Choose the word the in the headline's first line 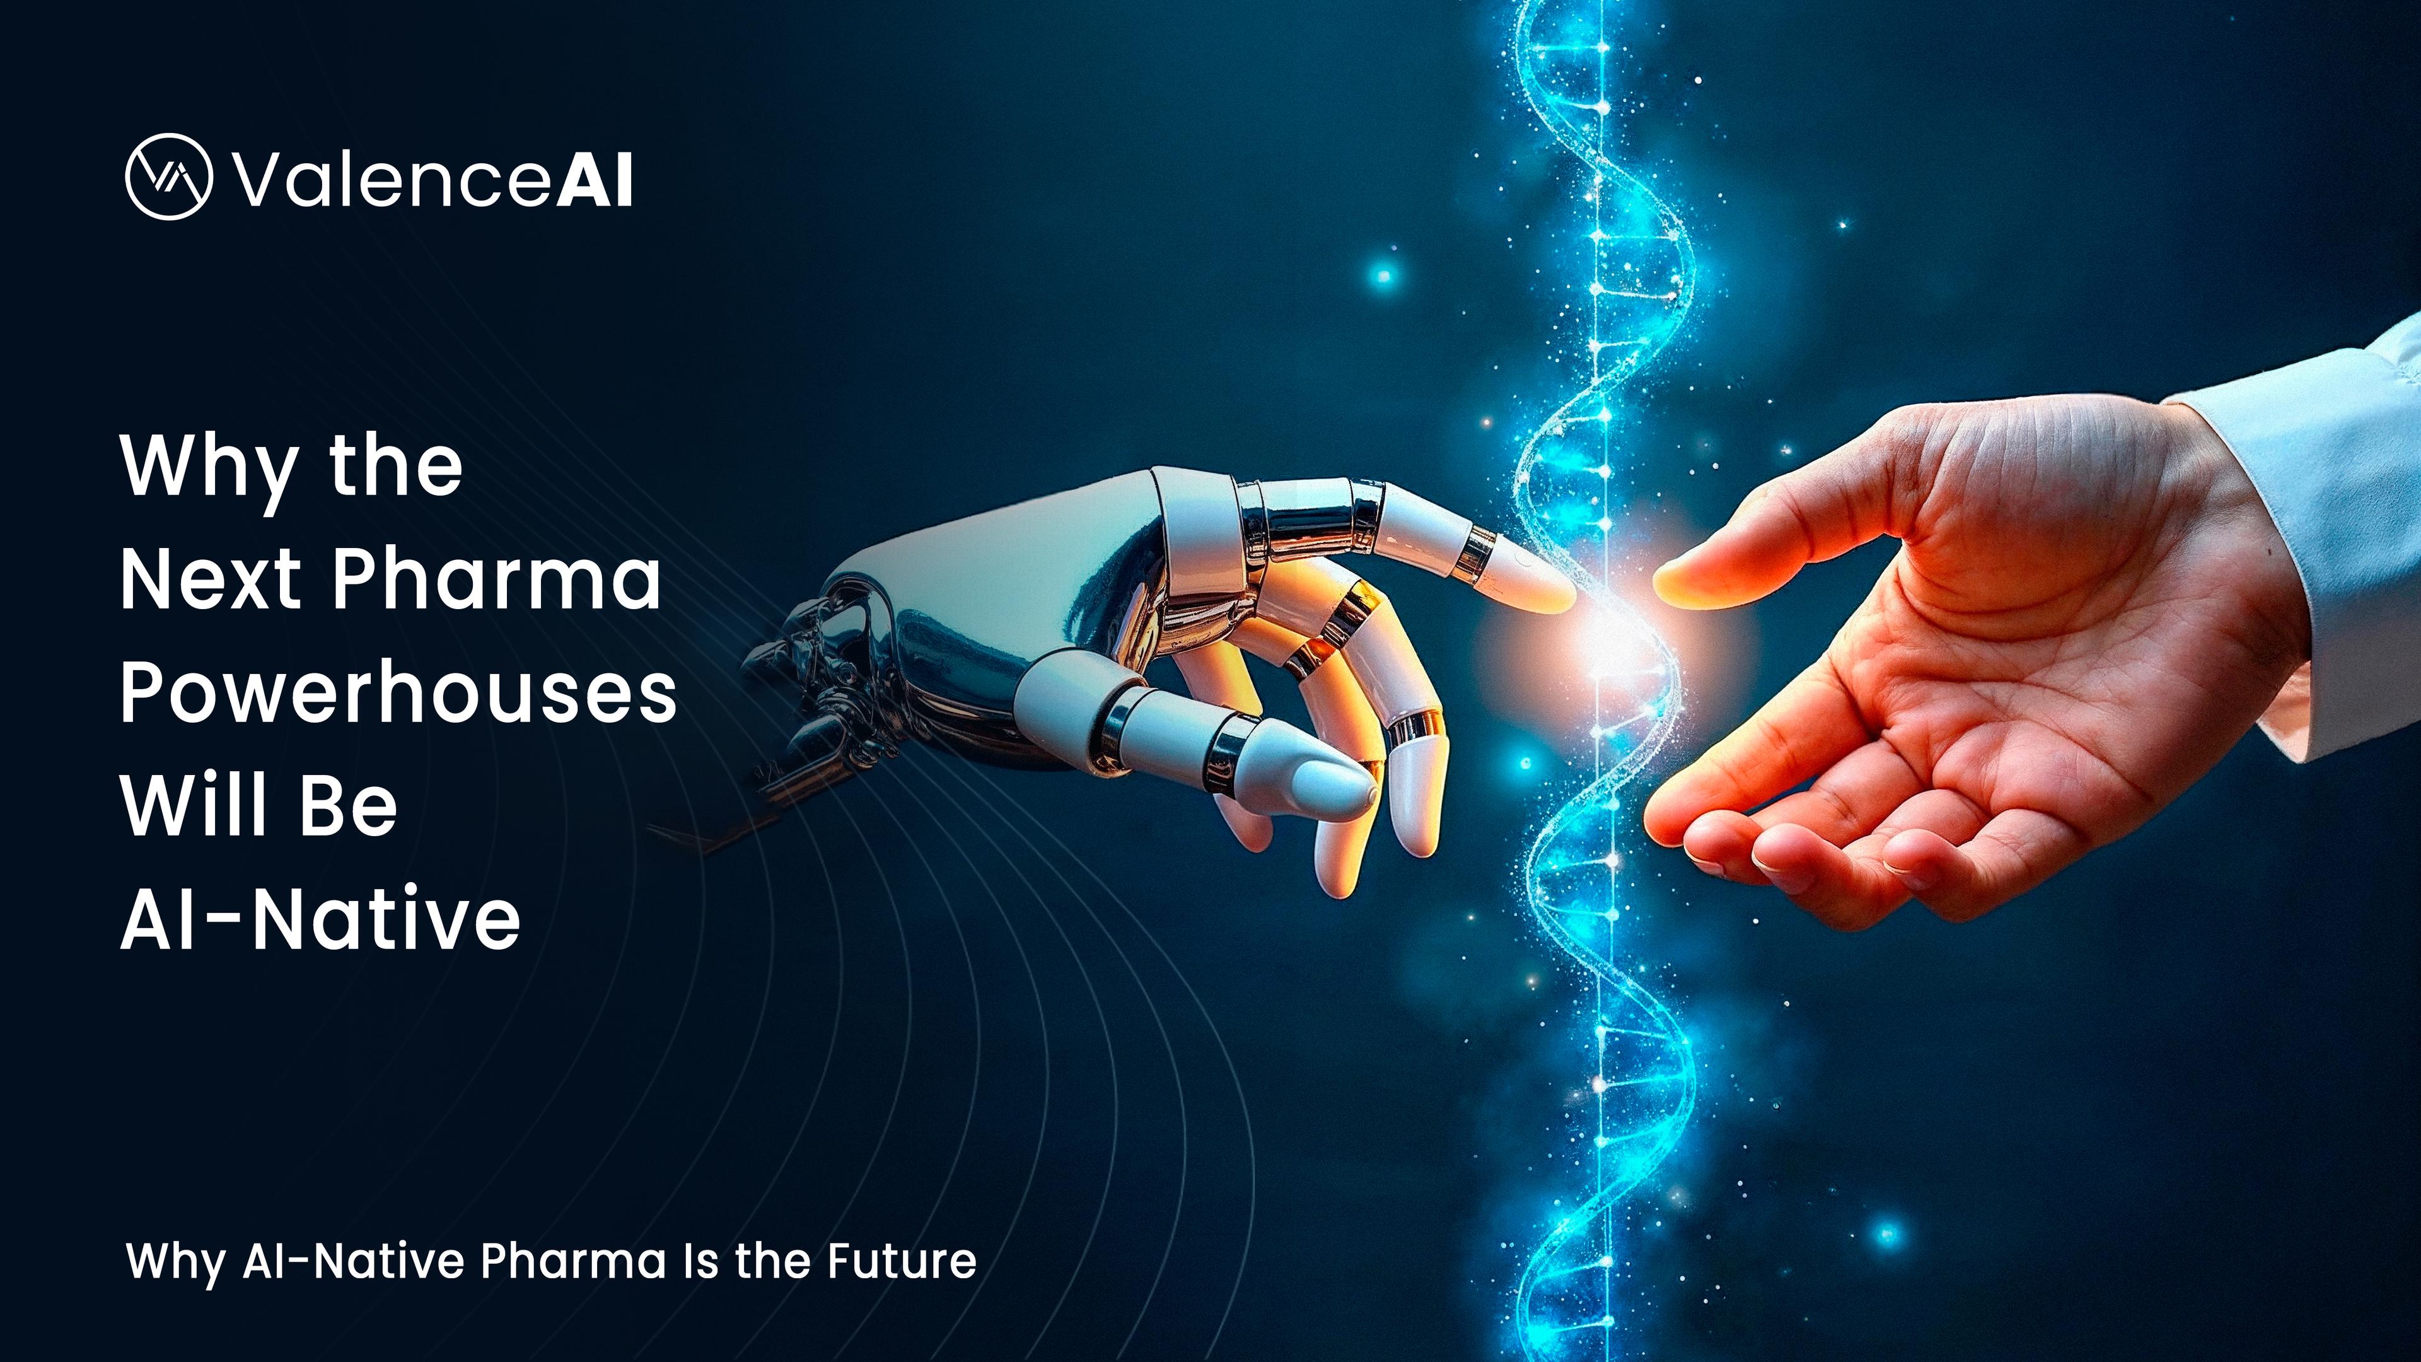pos(396,467)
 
